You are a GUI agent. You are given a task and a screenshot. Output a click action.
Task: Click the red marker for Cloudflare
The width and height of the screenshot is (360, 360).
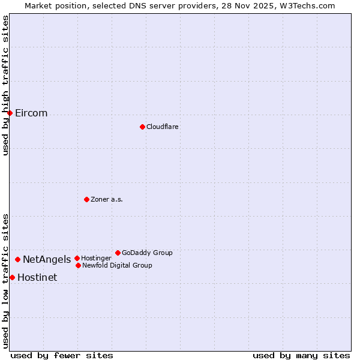tap(142, 127)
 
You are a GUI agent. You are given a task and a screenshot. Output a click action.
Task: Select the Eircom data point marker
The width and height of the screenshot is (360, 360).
tap(10, 113)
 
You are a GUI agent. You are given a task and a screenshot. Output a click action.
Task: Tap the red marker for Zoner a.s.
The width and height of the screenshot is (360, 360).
tap(86, 199)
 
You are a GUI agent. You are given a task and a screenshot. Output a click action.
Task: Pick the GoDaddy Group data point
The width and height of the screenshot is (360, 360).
tap(118, 253)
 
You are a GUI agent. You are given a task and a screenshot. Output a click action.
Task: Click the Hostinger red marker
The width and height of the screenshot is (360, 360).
tap(77, 258)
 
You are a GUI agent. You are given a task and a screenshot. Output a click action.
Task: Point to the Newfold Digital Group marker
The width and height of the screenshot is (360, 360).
tap(78, 265)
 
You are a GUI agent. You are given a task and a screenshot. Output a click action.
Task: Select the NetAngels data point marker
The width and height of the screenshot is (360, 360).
tap(17, 259)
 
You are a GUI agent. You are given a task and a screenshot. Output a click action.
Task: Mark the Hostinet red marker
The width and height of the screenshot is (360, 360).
tap(12, 277)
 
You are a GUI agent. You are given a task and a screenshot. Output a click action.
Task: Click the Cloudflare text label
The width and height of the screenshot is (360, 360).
tap(163, 127)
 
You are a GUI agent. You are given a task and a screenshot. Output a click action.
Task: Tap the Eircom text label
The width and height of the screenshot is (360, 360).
tap(31, 113)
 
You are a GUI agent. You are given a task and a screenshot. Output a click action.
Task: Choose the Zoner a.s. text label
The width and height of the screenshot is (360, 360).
tap(107, 199)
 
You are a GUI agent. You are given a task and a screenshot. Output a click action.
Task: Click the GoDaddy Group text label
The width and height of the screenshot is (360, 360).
tap(147, 253)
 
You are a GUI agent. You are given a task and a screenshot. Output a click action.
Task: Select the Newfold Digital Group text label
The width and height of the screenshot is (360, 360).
tap(117, 265)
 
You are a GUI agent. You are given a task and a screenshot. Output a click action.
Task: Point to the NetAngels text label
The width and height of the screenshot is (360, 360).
tap(47, 260)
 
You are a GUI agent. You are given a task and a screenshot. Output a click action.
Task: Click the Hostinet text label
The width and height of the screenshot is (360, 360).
tap(37, 278)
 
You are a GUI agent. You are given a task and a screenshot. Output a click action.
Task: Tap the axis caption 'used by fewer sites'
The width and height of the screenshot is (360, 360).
tap(62, 355)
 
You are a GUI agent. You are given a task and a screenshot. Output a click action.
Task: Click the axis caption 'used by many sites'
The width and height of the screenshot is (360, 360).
tap(301, 355)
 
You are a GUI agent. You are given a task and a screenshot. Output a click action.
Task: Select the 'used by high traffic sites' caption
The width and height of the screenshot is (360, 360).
tap(6, 86)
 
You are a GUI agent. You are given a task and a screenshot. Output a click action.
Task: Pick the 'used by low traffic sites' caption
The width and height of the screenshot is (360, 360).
tap(6, 280)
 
